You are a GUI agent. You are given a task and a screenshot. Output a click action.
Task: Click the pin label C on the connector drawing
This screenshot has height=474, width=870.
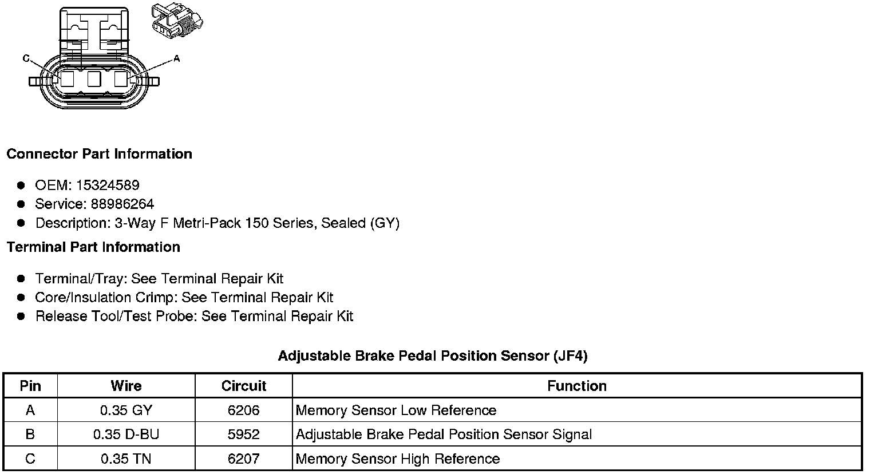tap(26, 58)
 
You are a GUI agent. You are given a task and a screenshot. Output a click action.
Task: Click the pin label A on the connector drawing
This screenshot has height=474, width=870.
tap(177, 58)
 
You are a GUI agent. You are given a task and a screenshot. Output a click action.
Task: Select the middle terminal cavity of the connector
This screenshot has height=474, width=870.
tap(94, 79)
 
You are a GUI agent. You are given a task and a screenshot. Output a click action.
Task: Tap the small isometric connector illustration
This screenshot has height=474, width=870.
tap(177, 21)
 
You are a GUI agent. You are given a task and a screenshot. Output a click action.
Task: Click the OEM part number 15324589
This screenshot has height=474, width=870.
tap(108, 185)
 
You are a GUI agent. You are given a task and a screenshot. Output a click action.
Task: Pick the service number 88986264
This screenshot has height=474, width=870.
tap(122, 204)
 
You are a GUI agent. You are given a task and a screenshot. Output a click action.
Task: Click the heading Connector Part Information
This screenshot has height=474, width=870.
tap(100, 154)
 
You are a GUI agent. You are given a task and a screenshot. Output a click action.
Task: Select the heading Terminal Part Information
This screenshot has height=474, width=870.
tap(94, 247)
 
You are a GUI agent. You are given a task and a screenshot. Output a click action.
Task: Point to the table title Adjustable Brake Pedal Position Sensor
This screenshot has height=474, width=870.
tap(414, 356)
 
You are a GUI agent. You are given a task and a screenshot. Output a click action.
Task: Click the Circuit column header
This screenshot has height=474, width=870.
tap(243, 386)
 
